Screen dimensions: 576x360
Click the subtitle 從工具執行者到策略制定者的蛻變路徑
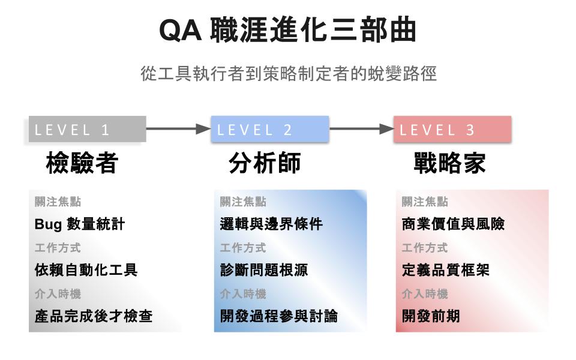[x=288, y=74]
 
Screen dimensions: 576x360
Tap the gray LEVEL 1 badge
[x=87, y=129]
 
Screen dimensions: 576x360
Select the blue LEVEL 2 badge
[x=269, y=129]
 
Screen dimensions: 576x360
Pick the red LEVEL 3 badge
[x=452, y=129]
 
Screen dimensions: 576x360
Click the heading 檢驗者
[x=82, y=163]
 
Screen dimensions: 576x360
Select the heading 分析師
[x=265, y=163]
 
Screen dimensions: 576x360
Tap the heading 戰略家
[x=449, y=163]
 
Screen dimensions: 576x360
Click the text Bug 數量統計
[x=80, y=224]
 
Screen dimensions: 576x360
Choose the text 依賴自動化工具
[x=86, y=270]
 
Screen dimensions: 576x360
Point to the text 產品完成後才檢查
[x=94, y=316]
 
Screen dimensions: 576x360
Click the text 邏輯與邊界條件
[x=271, y=224]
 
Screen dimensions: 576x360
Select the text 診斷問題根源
[x=264, y=270]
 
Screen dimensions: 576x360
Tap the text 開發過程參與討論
[x=279, y=316]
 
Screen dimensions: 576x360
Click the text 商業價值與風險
[x=454, y=224]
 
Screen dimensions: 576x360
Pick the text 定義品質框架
[x=446, y=270]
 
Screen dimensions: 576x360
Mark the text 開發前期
[x=431, y=316]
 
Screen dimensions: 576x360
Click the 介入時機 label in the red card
[x=425, y=294]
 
